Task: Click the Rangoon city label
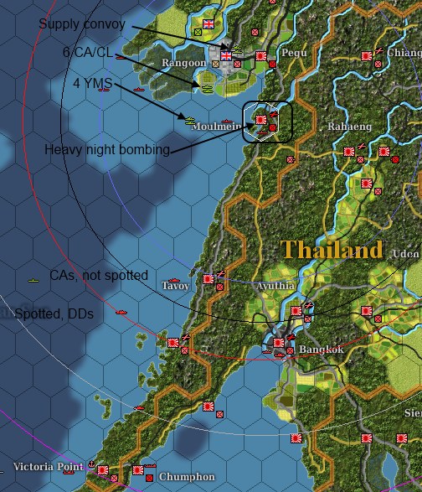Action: (183, 63)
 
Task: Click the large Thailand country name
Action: (332, 250)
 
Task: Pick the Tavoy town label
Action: (176, 285)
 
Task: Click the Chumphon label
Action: (182, 476)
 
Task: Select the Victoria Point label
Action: (48, 465)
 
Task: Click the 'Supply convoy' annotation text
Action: (82, 24)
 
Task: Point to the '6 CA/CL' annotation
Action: (87, 52)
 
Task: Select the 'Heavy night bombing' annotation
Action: (107, 150)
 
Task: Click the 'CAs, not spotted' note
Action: (98, 275)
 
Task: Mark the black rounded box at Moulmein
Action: (267, 122)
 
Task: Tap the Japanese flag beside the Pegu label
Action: (261, 55)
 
